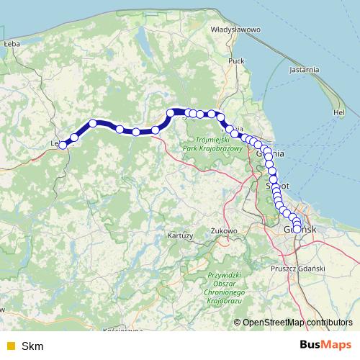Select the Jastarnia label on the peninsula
click(303, 70)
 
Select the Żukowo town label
click(224, 230)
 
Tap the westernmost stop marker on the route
click(63, 145)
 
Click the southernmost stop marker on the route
click(297, 229)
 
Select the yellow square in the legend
click(11, 346)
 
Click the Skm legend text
click(33, 346)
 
